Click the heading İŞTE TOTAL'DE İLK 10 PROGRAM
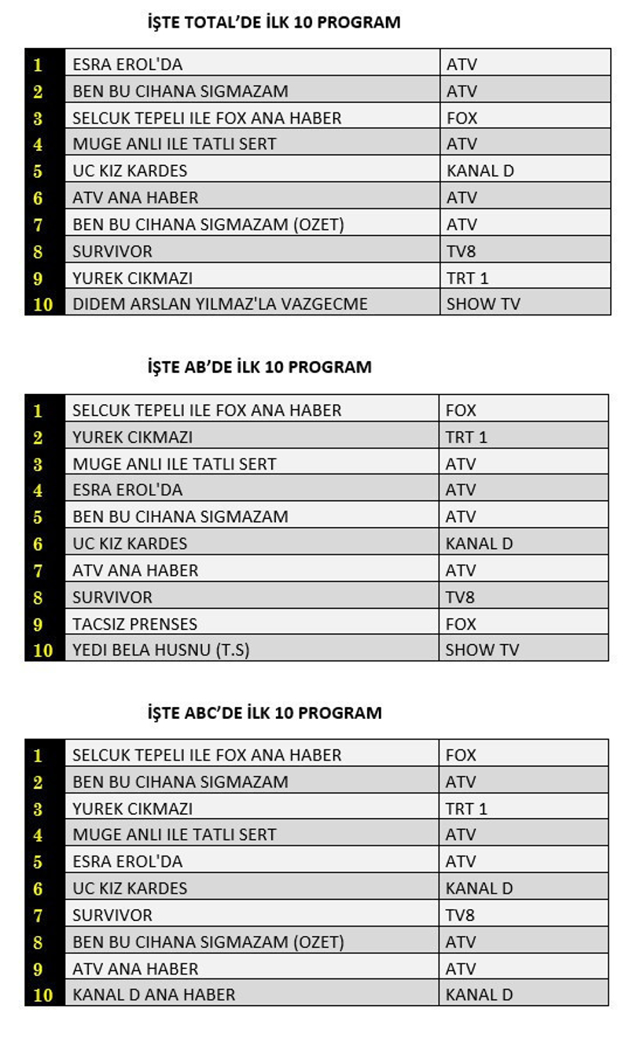(274, 23)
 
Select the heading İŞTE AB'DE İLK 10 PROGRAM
(259, 367)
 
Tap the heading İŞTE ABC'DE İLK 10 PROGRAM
(265, 713)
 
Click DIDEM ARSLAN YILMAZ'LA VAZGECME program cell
(220, 304)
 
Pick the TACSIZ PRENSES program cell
(134, 624)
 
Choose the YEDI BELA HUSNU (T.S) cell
(160, 650)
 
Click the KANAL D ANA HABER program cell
(153, 995)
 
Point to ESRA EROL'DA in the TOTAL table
(127, 64)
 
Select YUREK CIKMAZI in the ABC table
(132, 809)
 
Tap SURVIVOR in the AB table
(112, 597)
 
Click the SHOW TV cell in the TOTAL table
(483, 304)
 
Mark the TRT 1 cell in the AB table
(466, 437)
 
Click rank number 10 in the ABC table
(43, 995)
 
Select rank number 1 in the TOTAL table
(38, 64)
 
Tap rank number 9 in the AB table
(38, 624)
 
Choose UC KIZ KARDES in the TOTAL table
(130, 171)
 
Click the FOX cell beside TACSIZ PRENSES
(461, 624)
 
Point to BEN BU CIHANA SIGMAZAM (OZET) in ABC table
(208, 941)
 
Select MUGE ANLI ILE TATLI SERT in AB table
(175, 464)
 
